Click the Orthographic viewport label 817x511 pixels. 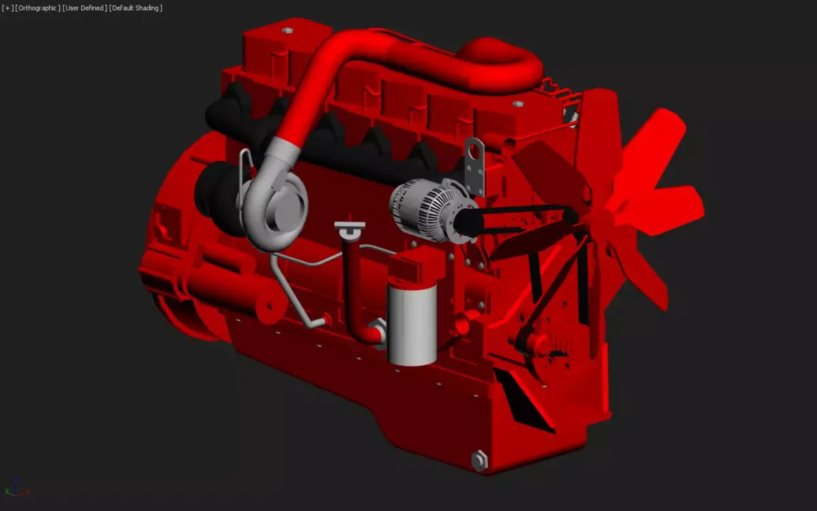point(37,7)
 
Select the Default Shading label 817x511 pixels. point(135,7)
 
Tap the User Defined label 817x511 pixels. point(84,7)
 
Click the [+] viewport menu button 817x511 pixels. point(7,7)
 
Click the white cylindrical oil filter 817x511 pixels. point(411,324)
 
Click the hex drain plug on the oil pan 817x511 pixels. point(479,461)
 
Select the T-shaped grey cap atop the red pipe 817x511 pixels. point(349,227)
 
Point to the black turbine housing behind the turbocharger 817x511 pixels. point(214,187)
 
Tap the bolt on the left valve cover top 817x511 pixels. point(286,30)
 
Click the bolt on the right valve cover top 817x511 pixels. point(517,104)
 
